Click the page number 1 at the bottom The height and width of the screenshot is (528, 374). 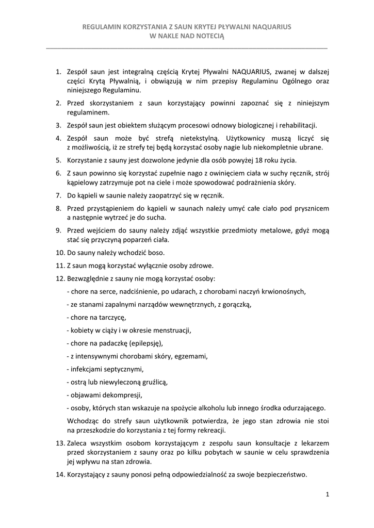tap(327, 495)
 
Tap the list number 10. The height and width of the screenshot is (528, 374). tap(59, 253)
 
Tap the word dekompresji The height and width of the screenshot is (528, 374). tap(122, 395)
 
